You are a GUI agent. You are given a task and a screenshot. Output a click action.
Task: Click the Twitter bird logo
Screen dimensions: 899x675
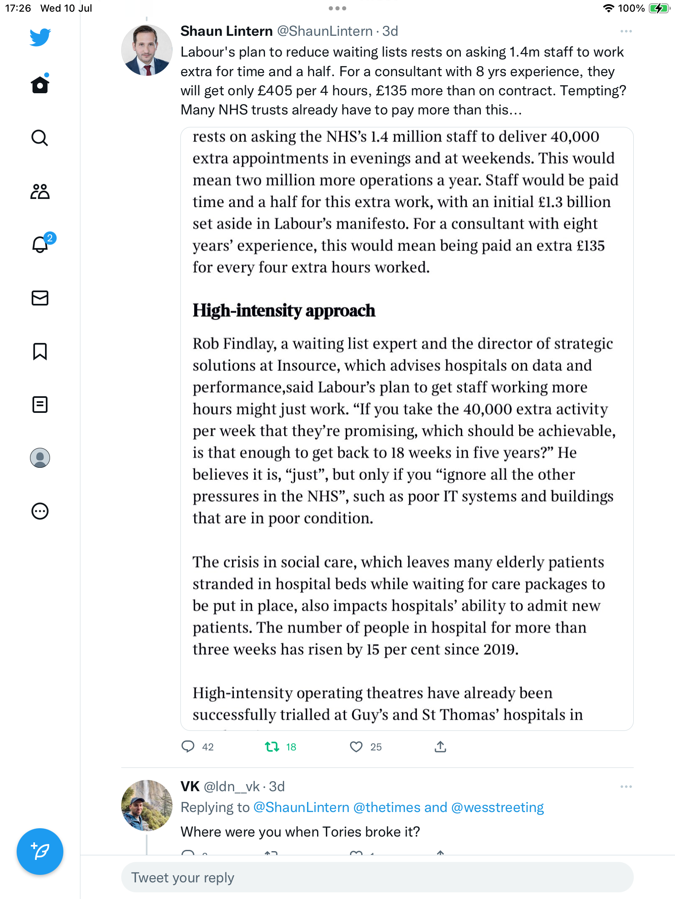(x=40, y=37)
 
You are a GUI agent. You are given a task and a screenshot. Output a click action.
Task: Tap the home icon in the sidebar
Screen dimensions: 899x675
(x=40, y=85)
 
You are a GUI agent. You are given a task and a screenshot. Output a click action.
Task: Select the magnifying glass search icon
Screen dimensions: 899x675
(x=40, y=138)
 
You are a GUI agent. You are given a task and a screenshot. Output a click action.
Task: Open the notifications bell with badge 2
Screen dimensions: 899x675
(x=40, y=244)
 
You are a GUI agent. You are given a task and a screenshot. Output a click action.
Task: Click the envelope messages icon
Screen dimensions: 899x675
(x=40, y=298)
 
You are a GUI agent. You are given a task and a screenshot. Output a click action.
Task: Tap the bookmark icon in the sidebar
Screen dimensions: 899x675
(x=40, y=351)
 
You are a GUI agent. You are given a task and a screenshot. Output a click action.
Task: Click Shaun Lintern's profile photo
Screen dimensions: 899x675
(x=147, y=50)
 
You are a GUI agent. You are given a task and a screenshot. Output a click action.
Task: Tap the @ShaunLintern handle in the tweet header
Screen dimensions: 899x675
(x=325, y=31)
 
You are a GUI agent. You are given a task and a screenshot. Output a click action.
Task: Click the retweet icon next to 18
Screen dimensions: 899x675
(x=272, y=747)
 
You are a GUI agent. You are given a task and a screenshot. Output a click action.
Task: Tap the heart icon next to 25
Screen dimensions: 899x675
(x=356, y=747)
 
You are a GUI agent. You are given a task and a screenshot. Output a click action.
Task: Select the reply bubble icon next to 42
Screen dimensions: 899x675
(x=188, y=747)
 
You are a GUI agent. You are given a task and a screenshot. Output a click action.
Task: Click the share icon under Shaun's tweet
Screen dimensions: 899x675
(x=440, y=747)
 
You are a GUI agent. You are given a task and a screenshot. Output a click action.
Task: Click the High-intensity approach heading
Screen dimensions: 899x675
(x=284, y=310)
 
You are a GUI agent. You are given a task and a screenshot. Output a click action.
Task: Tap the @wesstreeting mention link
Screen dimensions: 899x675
(x=497, y=807)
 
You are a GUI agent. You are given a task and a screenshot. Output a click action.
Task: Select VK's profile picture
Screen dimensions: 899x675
(x=147, y=805)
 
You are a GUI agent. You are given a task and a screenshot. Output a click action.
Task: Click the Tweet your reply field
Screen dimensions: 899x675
(x=377, y=877)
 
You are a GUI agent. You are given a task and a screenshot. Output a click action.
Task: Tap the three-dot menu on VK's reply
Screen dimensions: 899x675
(x=626, y=787)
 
